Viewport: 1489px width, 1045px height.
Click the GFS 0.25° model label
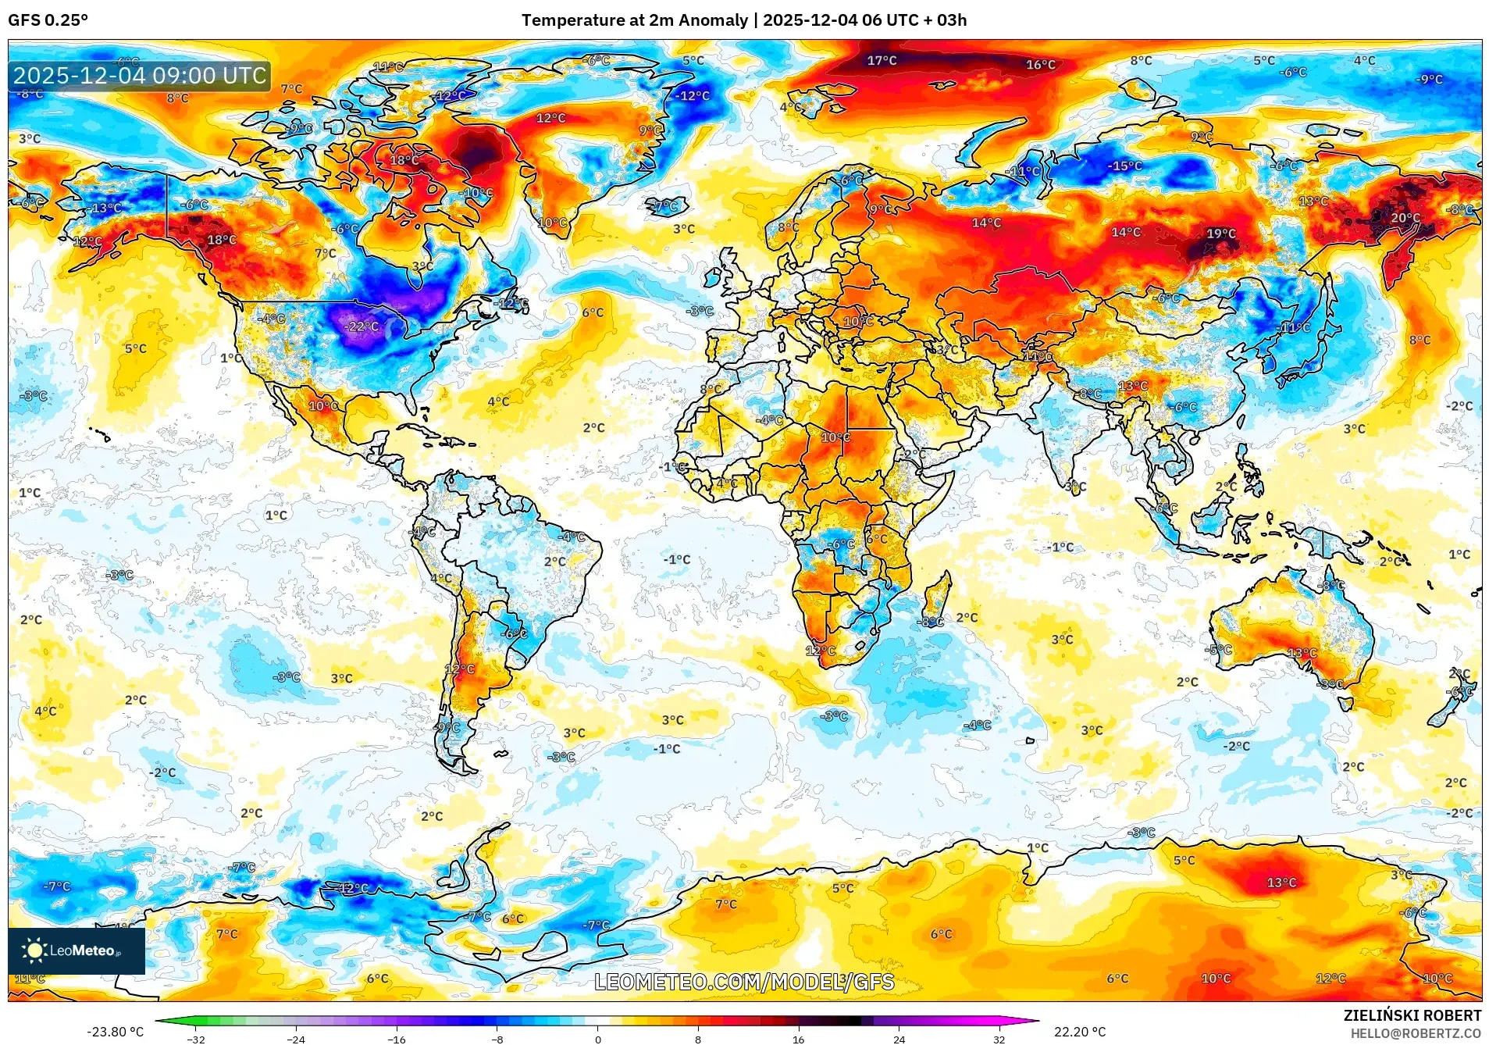(48, 20)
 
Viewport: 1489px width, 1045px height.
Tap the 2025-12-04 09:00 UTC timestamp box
(140, 76)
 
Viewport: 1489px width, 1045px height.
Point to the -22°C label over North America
(362, 326)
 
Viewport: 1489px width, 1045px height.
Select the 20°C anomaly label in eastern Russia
(1405, 218)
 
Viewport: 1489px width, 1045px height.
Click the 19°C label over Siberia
(1221, 234)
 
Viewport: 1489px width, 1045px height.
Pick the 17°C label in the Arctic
(882, 60)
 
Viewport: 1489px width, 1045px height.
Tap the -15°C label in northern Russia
(1124, 166)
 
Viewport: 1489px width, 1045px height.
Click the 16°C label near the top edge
(1040, 65)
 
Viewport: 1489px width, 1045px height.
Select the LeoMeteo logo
(76, 950)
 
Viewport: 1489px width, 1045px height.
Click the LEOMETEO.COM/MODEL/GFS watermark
(744, 982)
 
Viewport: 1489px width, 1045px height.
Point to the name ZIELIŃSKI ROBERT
(1412, 1015)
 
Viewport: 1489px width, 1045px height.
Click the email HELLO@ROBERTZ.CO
(1416, 1033)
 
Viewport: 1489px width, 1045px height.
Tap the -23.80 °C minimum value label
(115, 1032)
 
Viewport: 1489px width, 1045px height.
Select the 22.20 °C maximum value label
(1080, 1032)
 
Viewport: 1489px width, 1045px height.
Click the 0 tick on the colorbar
(598, 1040)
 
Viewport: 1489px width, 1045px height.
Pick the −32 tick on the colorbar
(196, 1040)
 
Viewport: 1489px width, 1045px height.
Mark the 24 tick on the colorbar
(899, 1040)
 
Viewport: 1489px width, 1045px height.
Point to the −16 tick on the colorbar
(397, 1040)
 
